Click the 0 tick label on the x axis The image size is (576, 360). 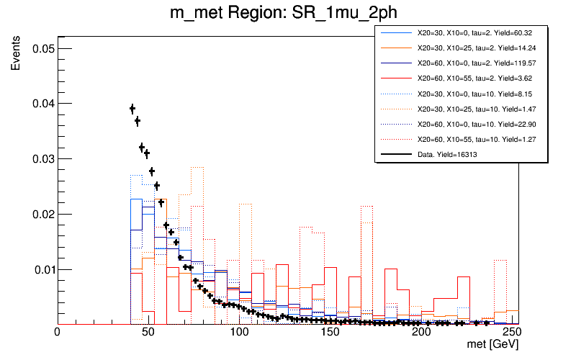point(58,333)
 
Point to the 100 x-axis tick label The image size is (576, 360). point(238,333)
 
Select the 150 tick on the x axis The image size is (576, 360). point(329,333)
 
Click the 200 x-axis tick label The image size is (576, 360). point(420,333)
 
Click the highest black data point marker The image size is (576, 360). point(132,109)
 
